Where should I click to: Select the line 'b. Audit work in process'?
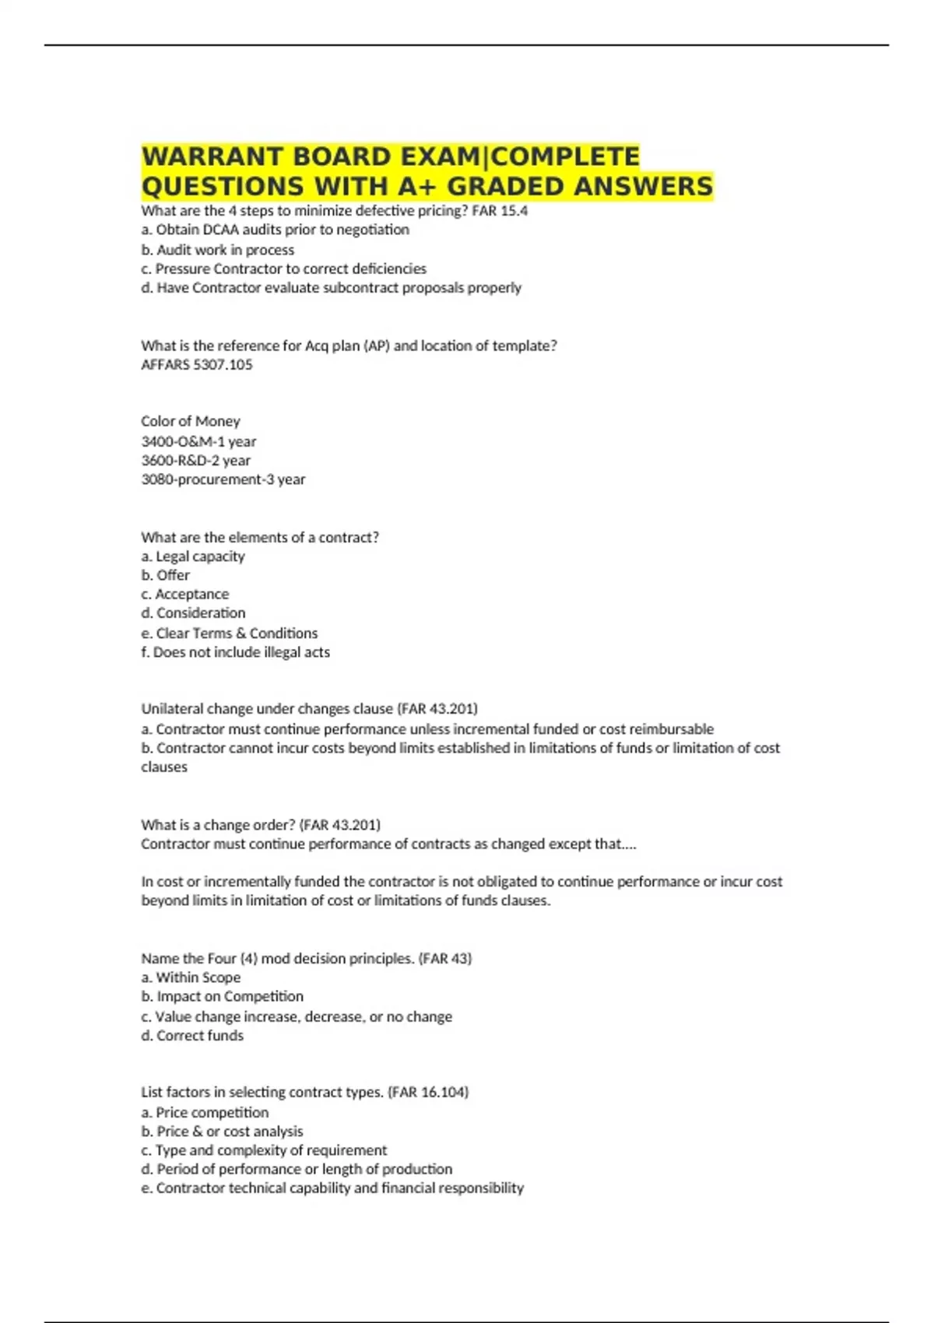click(x=217, y=250)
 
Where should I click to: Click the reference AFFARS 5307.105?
click(x=197, y=365)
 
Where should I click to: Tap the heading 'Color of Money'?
click(x=191, y=421)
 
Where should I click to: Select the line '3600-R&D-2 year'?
click(x=195, y=461)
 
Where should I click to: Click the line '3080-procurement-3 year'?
click(x=223, y=479)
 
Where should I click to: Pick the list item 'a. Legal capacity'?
click(x=192, y=556)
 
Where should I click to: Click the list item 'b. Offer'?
click(x=165, y=575)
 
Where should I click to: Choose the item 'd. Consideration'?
click(x=193, y=613)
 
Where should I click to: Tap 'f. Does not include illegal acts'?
click(x=235, y=652)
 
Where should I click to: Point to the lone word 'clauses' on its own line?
click(x=164, y=767)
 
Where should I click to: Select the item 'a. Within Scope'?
click(x=191, y=977)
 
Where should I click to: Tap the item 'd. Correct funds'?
click(x=192, y=1036)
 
